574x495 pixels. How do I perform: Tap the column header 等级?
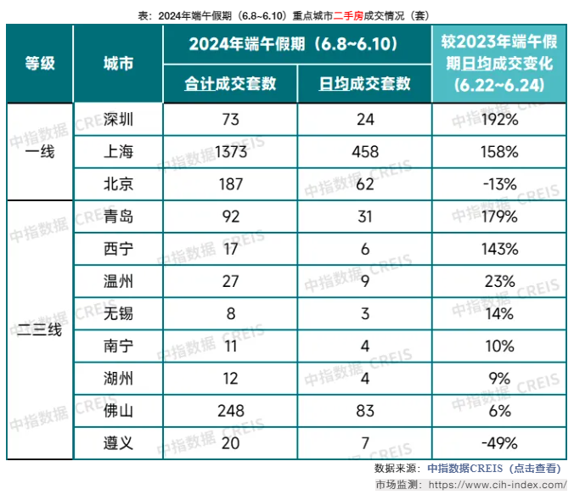tap(40, 64)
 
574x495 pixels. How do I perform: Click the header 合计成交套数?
tap(230, 84)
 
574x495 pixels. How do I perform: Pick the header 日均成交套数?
tap(364, 84)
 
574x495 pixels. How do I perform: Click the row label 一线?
tap(40, 151)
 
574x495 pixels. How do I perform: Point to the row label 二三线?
tap(40, 329)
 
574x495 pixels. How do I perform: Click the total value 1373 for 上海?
tap(230, 152)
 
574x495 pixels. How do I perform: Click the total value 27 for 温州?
tap(230, 281)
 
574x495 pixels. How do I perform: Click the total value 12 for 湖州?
tap(230, 378)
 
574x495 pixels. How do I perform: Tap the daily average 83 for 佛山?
tap(364, 410)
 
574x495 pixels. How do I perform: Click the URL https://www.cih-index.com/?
tap(495, 484)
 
